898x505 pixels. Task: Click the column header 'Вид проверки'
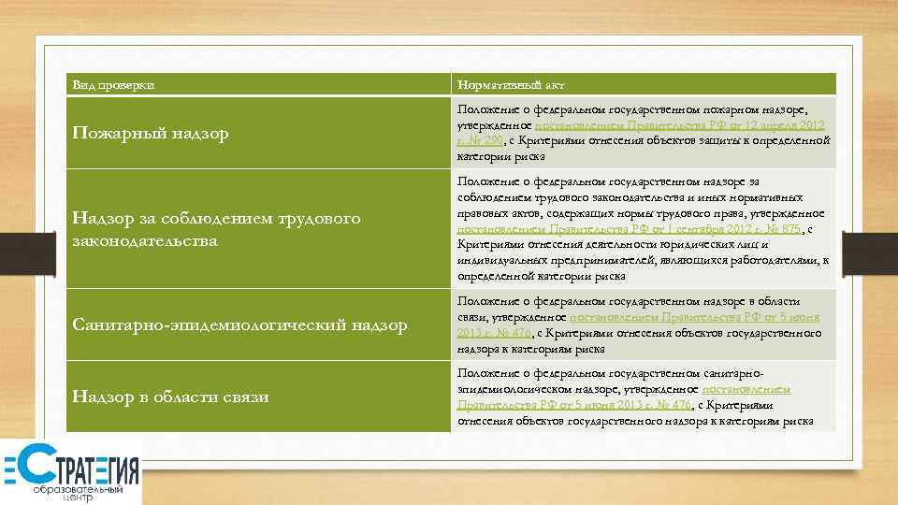[113, 86]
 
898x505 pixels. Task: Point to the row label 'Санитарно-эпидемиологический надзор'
[239, 325]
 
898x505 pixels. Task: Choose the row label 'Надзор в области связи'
[170, 397]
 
